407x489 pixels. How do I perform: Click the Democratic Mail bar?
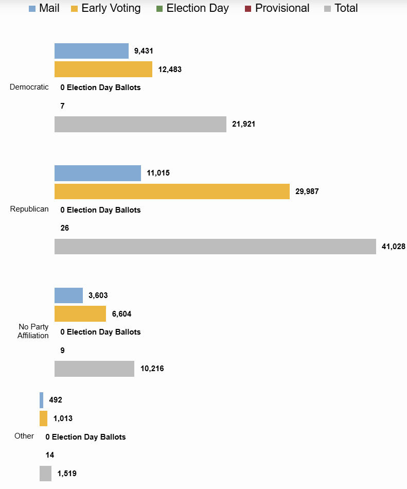tap(92, 51)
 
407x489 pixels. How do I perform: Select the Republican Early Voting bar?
tap(172, 191)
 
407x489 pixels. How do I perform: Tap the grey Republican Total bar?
tap(215, 247)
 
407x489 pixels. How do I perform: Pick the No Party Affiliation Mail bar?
tap(68, 295)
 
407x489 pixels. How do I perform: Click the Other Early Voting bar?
tap(43, 418)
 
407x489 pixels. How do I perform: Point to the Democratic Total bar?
tap(140, 125)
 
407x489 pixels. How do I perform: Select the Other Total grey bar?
tap(45, 474)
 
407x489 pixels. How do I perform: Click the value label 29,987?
tap(307, 191)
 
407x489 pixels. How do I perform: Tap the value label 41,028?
tap(394, 247)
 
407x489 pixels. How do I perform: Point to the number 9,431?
tap(144, 51)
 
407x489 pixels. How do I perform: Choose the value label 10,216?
tap(152, 369)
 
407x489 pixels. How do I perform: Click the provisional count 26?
tap(65, 228)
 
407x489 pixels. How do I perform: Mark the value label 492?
tap(56, 400)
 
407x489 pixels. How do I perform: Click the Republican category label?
tap(29, 209)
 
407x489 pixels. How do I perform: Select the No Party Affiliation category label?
tap(33, 331)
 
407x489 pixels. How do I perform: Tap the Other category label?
tap(24, 436)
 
